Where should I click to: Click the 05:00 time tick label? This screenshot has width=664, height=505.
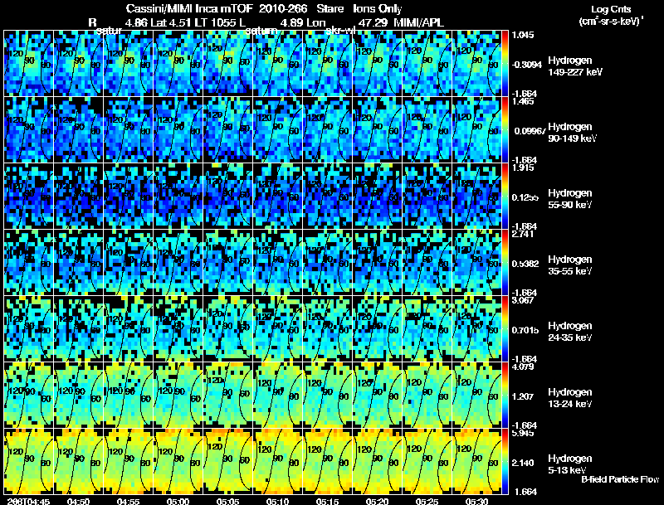[178, 501]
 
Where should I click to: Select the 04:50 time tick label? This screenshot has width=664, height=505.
[79, 501]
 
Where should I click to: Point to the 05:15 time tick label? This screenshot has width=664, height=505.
[328, 501]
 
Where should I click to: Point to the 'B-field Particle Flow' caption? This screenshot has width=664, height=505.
[620, 480]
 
